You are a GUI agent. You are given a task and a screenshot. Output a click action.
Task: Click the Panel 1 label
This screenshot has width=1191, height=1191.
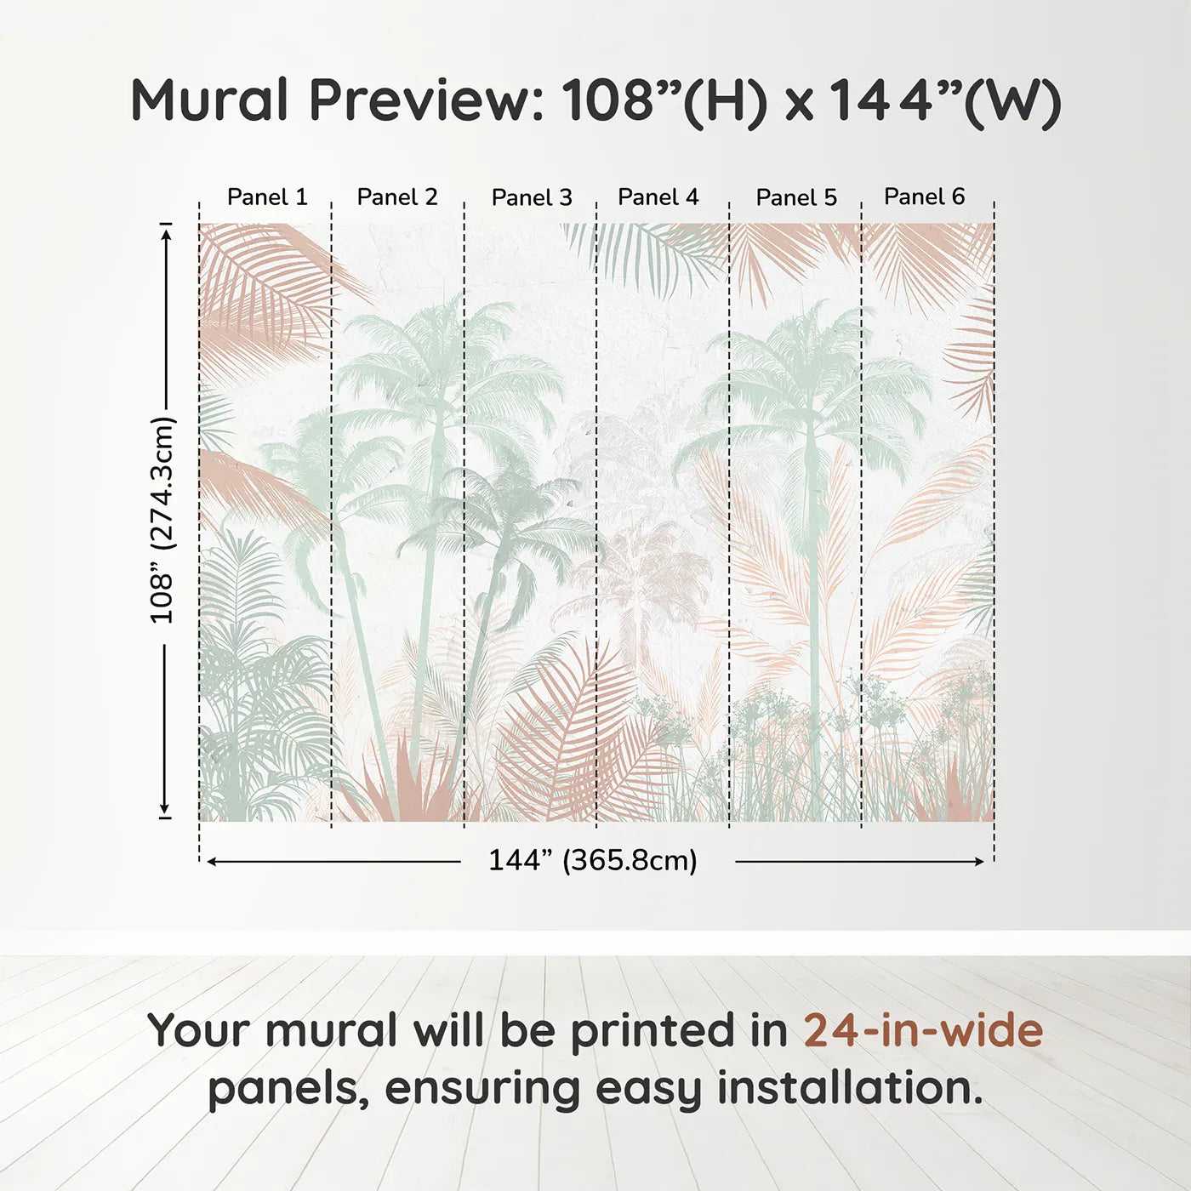click(267, 197)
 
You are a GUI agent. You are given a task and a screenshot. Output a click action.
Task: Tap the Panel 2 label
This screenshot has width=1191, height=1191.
click(397, 197)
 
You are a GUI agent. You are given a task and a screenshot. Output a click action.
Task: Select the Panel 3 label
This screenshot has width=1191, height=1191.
click(532, 198)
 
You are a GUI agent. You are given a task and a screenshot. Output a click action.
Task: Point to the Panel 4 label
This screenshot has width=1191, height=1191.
click(658, 197)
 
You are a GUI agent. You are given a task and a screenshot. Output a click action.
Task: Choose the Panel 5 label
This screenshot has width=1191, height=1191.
click(796, 198)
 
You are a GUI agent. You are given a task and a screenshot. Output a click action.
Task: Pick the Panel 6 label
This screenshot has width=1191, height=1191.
click(925, 197)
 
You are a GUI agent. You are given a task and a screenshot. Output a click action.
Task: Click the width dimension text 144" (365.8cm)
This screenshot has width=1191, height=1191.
click(593, 861)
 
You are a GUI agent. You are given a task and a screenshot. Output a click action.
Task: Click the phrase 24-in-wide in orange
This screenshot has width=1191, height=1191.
click(923, 1031)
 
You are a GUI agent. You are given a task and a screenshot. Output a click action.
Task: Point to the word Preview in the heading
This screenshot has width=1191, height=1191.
click(420, 100)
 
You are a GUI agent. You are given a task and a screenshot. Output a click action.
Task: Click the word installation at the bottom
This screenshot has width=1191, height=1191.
click(848, 1088)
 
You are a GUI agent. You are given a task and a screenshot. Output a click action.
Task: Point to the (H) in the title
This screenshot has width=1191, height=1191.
click(726, 102)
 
